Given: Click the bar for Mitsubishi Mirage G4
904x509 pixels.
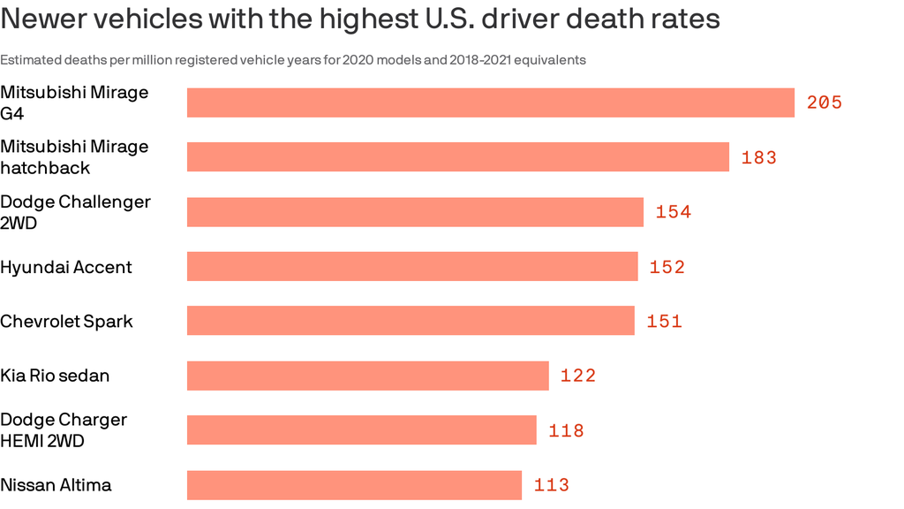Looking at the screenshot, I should (491, 103).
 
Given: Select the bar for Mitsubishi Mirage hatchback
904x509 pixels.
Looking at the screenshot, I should (458, 157).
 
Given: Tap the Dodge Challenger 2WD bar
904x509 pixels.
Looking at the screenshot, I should (415, 212).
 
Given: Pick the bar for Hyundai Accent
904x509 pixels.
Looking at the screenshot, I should (412, 267).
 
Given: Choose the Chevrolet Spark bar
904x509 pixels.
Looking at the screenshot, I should (411, 321).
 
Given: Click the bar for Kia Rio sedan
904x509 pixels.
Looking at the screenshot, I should (368, 376).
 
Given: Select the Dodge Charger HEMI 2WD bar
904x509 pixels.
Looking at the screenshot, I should (362, 430).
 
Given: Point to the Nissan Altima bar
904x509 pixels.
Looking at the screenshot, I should (354, 485).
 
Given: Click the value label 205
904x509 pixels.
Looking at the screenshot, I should (825, 103).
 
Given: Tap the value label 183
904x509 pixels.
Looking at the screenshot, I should (759, 157).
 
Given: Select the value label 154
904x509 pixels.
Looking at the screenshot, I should (674, 212).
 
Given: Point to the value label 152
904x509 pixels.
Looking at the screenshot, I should (667, 267).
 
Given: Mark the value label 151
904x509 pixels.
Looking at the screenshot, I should (665, 322).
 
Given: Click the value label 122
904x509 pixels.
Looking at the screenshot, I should (578, 376).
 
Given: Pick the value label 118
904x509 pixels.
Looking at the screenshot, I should (566, 430).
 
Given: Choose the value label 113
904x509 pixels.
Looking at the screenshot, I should (552, 485).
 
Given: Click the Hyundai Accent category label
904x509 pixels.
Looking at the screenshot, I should (66, 267).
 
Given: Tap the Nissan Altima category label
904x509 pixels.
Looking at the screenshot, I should (56, 485).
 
